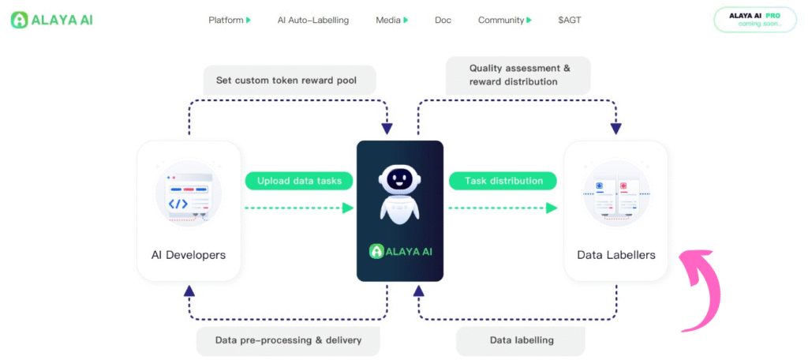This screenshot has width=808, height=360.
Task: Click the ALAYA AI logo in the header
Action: [51, 20]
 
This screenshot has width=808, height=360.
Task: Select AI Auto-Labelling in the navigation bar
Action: [313, 20]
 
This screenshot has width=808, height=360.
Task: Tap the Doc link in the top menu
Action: [443, 20]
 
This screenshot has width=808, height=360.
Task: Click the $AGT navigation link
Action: [570, 20]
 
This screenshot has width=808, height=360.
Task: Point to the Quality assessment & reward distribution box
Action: [518, 75]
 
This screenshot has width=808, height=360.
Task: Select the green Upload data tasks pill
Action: [299, 181]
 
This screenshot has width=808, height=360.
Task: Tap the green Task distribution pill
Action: [503, 181]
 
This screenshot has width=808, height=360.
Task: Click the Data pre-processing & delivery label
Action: [288, 340]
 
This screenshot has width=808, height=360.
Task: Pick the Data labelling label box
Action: [521, 340]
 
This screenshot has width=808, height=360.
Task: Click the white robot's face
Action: [399, 179]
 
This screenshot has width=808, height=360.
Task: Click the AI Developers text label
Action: [189, 255]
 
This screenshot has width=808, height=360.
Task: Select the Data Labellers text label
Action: [615, 255]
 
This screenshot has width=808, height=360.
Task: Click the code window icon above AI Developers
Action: [189, 193]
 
